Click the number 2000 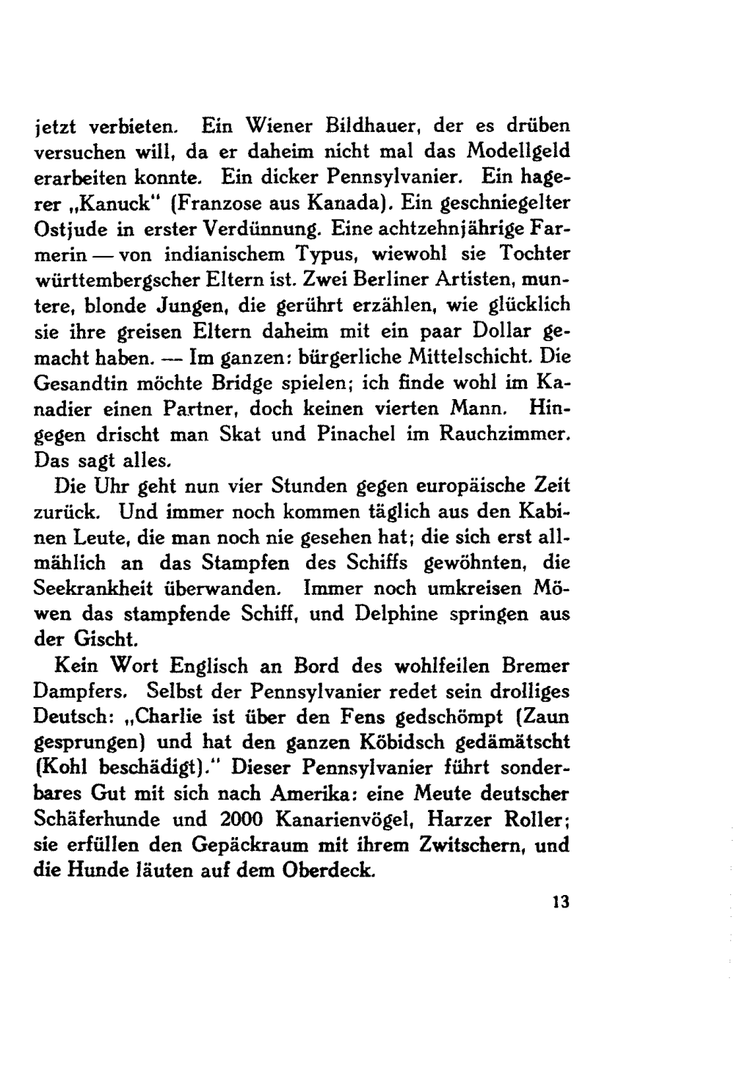[x=244, y=819]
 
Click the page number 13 [x=562, y=903]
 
